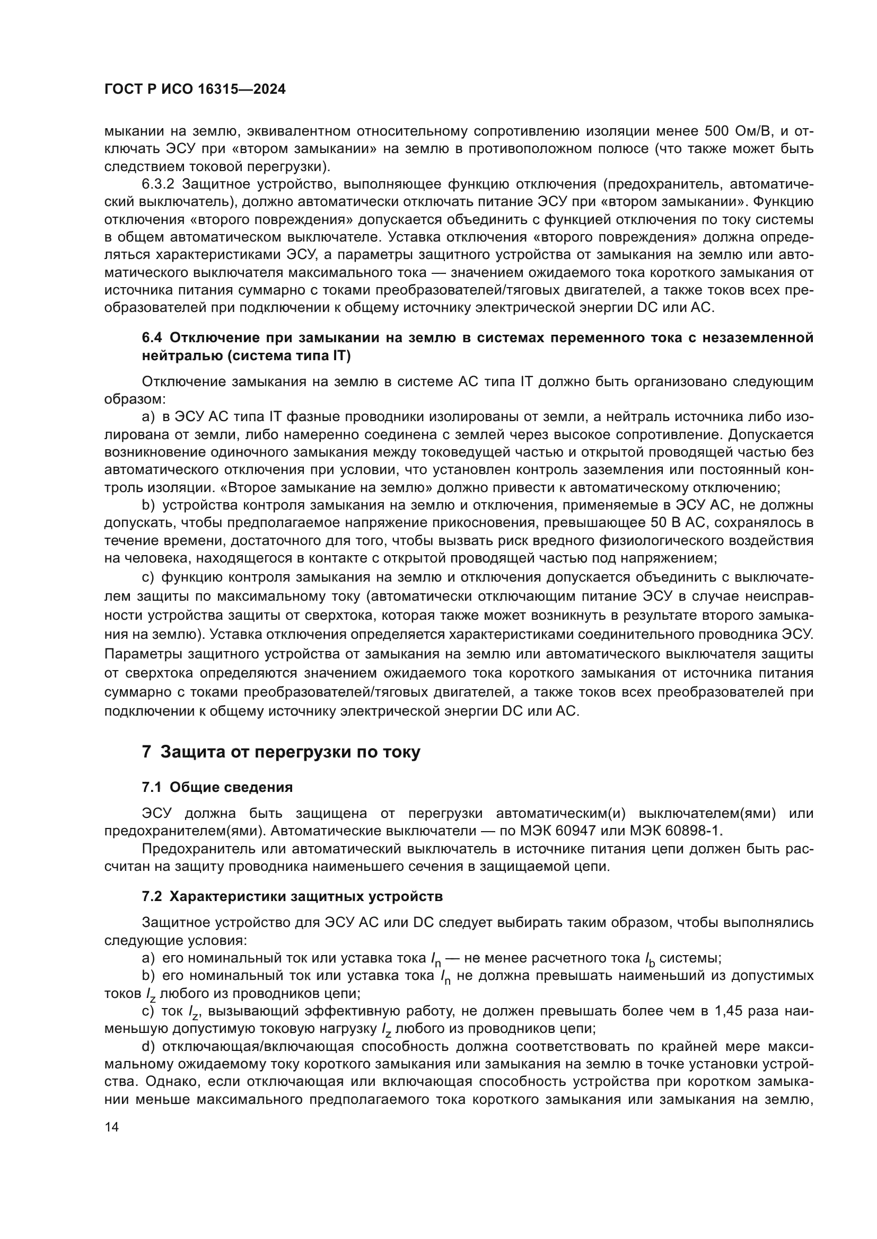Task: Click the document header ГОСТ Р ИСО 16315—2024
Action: click(x=195, y=90)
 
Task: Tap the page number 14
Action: click(x=111, y=1127)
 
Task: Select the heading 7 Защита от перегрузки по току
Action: click(x=281, y=752)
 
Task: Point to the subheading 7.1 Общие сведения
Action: click(x=217, y=787)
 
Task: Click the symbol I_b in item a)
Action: click(x=650, y=959)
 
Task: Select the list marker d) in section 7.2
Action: click(x=148, y=1046)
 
